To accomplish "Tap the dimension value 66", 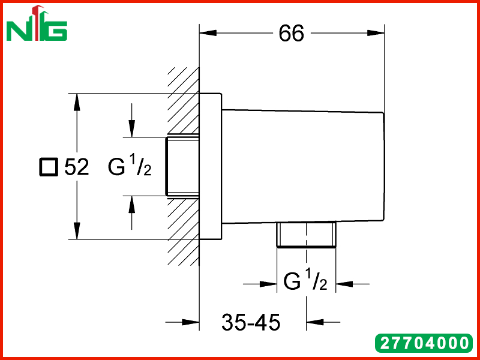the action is coord(291,33).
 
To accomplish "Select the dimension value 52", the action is coord(77,167).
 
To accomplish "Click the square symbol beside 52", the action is coord(49,167).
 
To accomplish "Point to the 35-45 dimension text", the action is coord(251,322).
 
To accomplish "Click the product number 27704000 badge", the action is coord(424,343).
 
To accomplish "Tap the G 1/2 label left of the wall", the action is coord(130,166).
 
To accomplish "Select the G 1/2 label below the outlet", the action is coord(305,280).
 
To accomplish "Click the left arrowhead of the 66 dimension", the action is coord(208,33).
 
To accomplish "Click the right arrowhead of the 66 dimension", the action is coord(376,33).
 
